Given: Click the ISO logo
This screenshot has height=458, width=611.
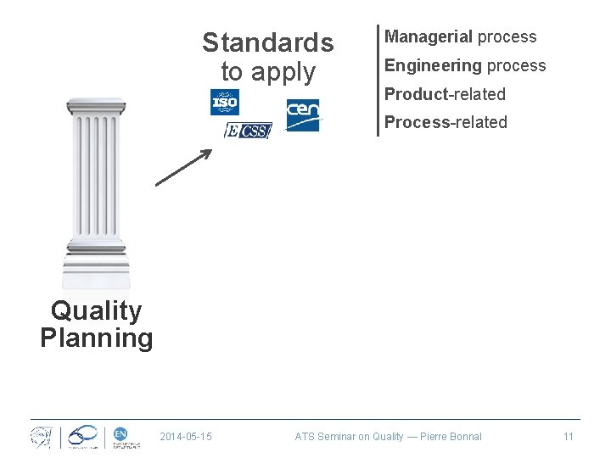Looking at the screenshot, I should pos(225,102).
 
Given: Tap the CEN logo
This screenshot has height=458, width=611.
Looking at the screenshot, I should pos(303,115).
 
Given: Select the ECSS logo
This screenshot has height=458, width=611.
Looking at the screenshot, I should pos(248,131).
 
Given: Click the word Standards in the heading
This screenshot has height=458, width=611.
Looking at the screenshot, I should pos(268,42).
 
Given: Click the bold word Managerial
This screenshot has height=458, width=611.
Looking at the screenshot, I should pos(429,36).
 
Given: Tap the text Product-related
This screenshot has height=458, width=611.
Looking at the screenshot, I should pos(445,94).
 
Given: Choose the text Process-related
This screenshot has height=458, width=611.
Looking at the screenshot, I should pos(446,122).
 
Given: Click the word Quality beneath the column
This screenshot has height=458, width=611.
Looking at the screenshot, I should pos(96,310).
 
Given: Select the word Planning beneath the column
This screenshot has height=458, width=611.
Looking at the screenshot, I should pos(96,338).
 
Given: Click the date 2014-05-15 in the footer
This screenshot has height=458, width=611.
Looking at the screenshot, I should pos(186,437).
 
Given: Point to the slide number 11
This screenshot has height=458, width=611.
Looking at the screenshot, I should pos(569,437).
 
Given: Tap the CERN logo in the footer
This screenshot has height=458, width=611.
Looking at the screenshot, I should pos(41,436).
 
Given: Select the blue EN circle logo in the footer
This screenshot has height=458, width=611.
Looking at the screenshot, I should pos(121,433).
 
